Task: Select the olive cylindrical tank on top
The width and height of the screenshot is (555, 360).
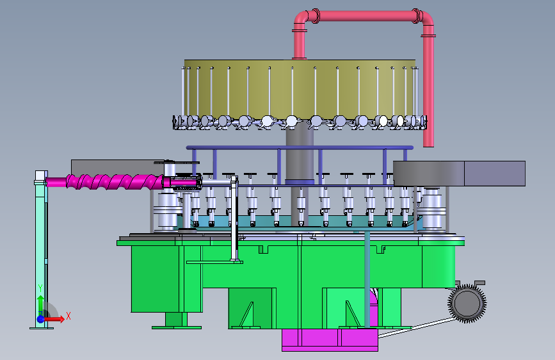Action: tap(300, 89)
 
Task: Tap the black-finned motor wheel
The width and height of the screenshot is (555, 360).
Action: tap(467, 303)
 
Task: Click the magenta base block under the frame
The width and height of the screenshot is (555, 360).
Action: tap(330, 340)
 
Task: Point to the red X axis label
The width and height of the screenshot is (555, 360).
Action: tap(68, 316)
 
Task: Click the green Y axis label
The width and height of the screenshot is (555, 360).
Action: tap(40, 288)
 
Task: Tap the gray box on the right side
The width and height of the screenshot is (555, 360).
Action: tap(459, 173)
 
